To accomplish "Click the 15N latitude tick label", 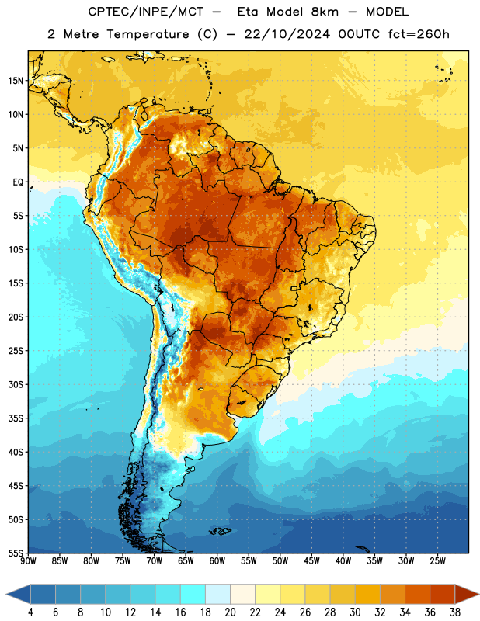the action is (16, 81).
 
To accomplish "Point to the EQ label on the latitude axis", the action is (18, 182).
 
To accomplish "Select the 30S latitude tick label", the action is (16, 384).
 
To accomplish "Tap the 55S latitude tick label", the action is (16, 553).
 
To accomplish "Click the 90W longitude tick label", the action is (28, 560).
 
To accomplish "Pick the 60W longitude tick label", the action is (217, 560).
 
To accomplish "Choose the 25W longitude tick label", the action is (437, 560).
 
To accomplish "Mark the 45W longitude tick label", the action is (311, 560).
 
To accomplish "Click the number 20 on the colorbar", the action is (230, 612).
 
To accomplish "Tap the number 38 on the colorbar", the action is (455, 612).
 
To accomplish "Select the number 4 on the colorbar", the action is (30, 612).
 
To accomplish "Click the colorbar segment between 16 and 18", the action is (193, 594).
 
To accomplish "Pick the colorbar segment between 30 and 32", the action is (368, 594).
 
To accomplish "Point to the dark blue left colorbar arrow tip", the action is (6, 594).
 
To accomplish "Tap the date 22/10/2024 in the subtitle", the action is (287, 34).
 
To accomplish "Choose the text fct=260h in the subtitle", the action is (419, 34).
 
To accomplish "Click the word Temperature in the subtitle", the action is (148, 34).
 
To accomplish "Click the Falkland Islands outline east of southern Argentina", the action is (221, 531).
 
